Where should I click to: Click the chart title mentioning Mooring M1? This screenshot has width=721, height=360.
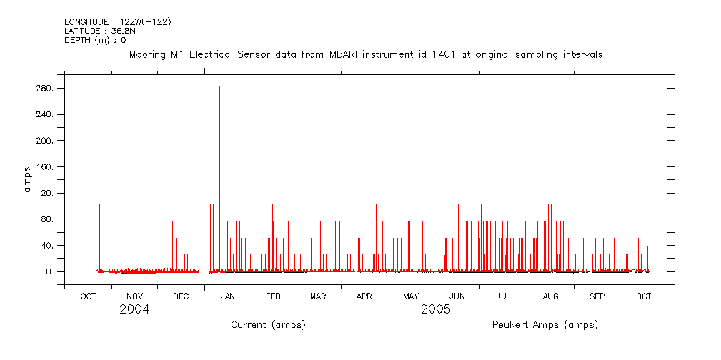click(x=364, y=54)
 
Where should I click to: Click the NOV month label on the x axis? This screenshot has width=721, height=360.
click(x=134, y=296)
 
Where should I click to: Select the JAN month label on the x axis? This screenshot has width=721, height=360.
click(x=227, y=296)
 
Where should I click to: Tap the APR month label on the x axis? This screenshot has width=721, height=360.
click(x=364, y=296)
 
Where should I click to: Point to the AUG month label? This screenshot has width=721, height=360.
click(x=550, y=296)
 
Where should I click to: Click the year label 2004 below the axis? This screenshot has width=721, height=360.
click(x=134, y=310)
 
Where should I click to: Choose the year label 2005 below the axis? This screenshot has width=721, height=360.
click(x=435, y=310)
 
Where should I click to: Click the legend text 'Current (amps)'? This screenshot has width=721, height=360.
click(x=268, y=325)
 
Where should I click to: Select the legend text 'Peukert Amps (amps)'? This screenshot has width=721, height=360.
click(x=545, y=325)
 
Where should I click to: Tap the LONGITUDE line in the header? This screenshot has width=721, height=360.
click(x=117, y=21)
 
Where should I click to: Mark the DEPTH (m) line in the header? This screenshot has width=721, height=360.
click(x=94, y=40)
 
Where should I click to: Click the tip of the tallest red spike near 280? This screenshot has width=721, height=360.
click(x=219, y=87)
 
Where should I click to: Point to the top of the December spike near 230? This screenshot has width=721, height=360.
click(x=171, y=121)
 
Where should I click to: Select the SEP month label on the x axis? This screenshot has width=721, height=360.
click(x=597, y=296)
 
